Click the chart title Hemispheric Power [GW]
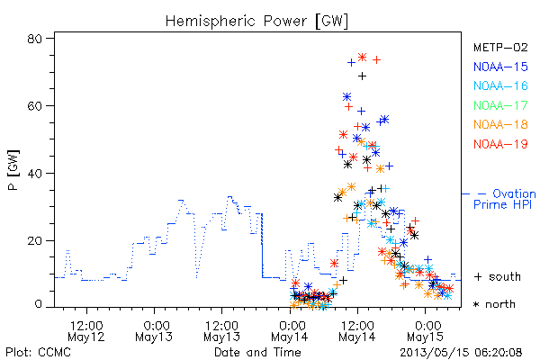point(256,22)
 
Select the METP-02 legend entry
point(500,47)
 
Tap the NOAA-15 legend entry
point(500,67)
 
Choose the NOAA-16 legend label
point(500,85)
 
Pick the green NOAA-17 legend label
point(500,105)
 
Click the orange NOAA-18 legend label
point(500,124)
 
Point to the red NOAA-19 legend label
point(500,144)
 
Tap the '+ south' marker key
point(498,276)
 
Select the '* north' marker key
point(494,304)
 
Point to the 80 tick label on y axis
point(34,39)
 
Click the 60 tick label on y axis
point(34,106)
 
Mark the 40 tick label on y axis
point(34,174)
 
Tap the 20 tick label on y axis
point(34,240)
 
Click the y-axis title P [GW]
point(13,170)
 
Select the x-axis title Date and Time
point(257,353)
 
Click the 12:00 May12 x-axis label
point(86,331)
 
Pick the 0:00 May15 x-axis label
point(426,331)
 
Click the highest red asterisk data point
point(362,58)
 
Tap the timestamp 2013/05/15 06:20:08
point(461,353)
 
